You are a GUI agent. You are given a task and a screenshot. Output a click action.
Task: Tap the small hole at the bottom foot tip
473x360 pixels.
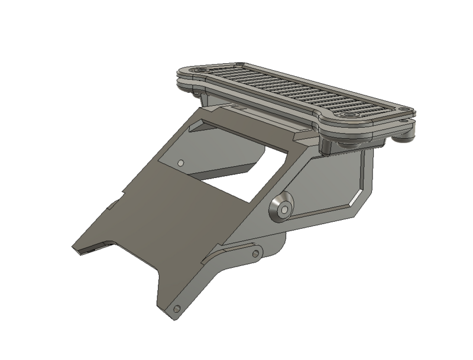point(176,309)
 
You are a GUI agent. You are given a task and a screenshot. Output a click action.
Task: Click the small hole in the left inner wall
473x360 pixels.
point(181,162)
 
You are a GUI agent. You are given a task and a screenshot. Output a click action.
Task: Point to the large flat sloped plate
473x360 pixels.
point(166,219)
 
